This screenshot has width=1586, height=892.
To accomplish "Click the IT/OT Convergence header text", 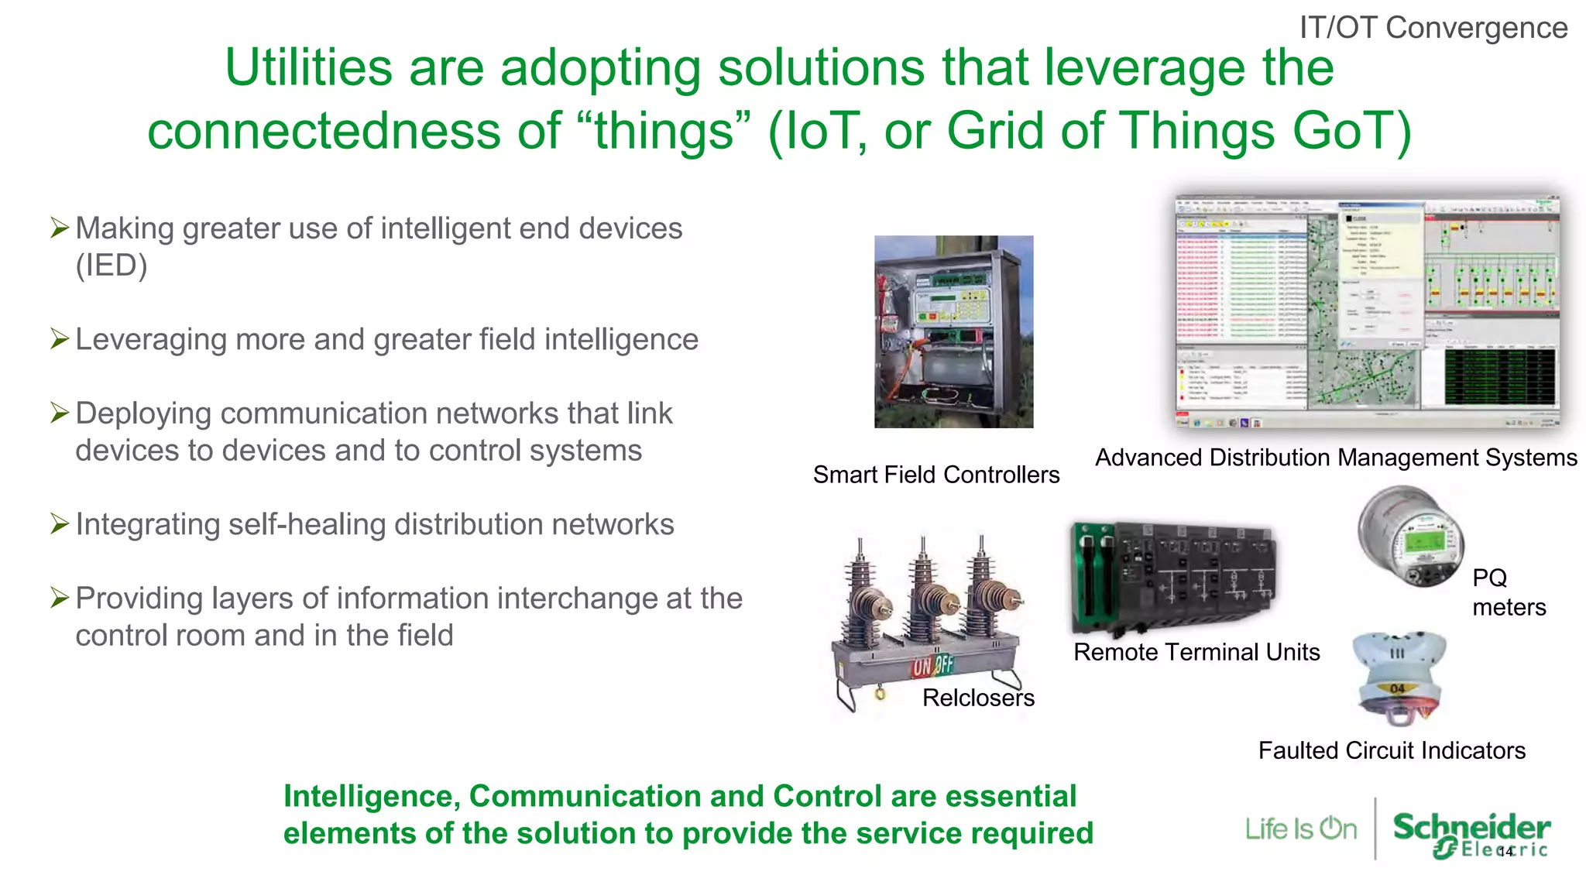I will tap(1433, 28).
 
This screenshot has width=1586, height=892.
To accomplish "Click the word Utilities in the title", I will tap(308, 68).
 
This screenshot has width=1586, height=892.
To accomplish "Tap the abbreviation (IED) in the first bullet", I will tap(111, 266).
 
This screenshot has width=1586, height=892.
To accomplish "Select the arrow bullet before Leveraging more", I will tap(60, 338).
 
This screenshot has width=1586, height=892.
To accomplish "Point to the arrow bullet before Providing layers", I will tap(60, 597).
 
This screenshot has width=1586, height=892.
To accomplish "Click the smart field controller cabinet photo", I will tap(953, 331).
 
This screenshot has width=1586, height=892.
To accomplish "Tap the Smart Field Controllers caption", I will tap(935, 474).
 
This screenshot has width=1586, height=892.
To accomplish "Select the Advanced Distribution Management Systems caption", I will tap(1335, 458).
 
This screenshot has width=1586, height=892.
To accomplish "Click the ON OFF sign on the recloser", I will tap(932, 665).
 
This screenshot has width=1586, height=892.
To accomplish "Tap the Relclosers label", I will tap(978, 698).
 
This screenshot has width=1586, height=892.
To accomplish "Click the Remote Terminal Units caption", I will tap(1196, 652).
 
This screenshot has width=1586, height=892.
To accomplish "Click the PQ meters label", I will tap(1508, 592).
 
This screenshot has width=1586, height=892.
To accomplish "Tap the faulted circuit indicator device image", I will tap(1399, 677).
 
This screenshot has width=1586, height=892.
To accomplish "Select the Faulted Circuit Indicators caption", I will tap(1391, 750).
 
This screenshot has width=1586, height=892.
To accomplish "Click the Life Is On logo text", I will tap(1300, 829).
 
